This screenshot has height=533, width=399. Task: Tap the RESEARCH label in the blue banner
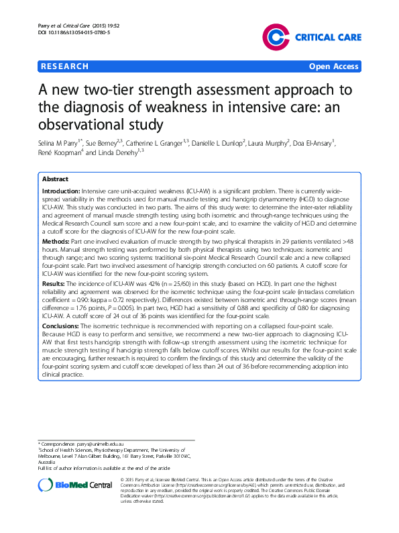pos(64,66)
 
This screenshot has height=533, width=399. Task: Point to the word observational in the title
pos(84,124)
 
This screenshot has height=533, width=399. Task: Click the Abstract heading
pos(55,180)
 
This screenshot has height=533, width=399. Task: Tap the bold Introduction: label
pos(61,191)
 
